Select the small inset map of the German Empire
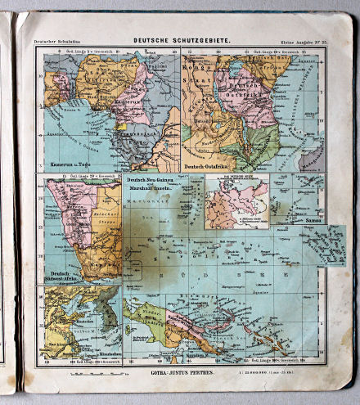click(235, 200)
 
